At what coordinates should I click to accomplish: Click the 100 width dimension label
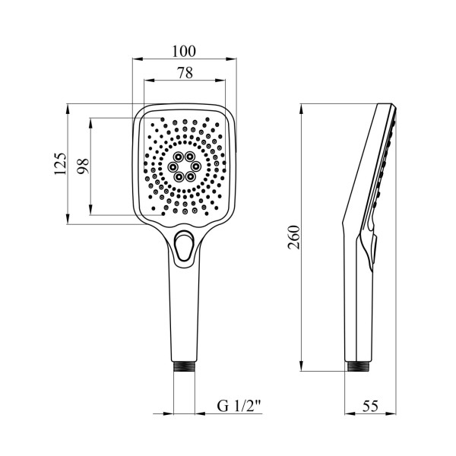pos(184,51)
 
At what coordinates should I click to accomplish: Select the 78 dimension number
pos(185,73)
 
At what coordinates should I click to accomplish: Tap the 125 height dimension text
pos(60,163)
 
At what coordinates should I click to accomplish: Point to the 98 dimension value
pos(83,166)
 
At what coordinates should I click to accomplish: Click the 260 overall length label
pos(293,237)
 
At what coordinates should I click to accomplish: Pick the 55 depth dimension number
pos(370,406)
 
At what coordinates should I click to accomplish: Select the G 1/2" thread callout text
pos(239,406)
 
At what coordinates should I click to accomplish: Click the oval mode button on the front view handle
pos(182,245)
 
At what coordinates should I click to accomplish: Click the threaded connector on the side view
pos(358,366)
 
